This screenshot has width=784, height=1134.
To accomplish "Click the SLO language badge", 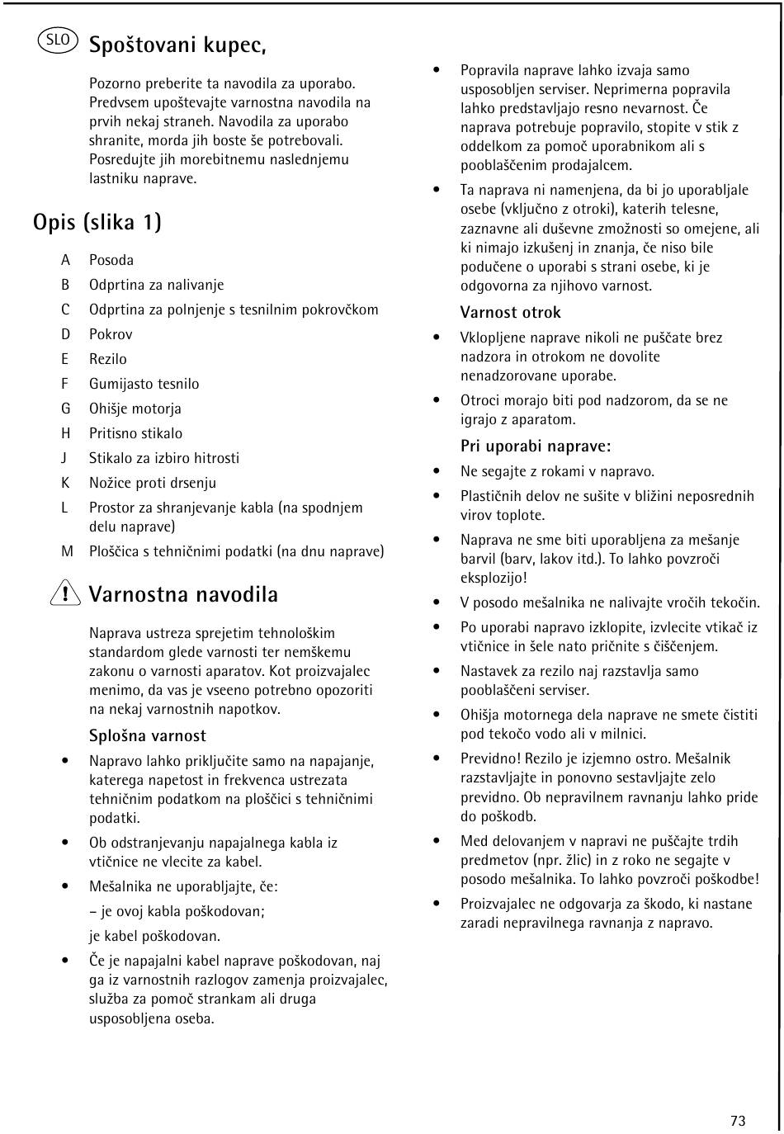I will coord(58,40).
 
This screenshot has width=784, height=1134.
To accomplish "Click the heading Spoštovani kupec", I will coord(177,45).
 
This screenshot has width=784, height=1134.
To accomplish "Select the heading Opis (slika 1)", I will coord(97,222).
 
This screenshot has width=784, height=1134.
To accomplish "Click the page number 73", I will coord(738,1120).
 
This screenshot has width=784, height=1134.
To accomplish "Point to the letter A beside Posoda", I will coord(65,260).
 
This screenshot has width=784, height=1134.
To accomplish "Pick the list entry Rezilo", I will coord(108,359).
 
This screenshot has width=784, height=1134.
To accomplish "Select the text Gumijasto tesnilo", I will coord(144,384).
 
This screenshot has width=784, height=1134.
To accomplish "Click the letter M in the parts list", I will coord(67,551).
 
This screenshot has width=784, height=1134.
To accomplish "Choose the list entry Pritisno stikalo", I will coord(135,433).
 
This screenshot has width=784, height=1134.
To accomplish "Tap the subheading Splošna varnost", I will coord(148,735).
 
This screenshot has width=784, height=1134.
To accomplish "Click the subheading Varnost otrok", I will coord(511,312).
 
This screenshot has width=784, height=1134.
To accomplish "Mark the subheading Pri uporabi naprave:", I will coord(536,447).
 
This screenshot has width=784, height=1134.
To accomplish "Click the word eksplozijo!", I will coord(494,578).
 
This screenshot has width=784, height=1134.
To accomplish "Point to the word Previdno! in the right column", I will coord(490,758).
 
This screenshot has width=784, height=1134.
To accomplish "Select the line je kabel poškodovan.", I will coord(155,936).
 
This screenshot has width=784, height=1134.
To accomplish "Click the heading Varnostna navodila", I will coord(183,594).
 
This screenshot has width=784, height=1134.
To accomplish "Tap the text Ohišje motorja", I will coord(135,409).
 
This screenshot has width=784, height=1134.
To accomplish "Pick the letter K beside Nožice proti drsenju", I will coord(65,483).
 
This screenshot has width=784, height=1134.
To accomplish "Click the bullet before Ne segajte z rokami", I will coord(437,471).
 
